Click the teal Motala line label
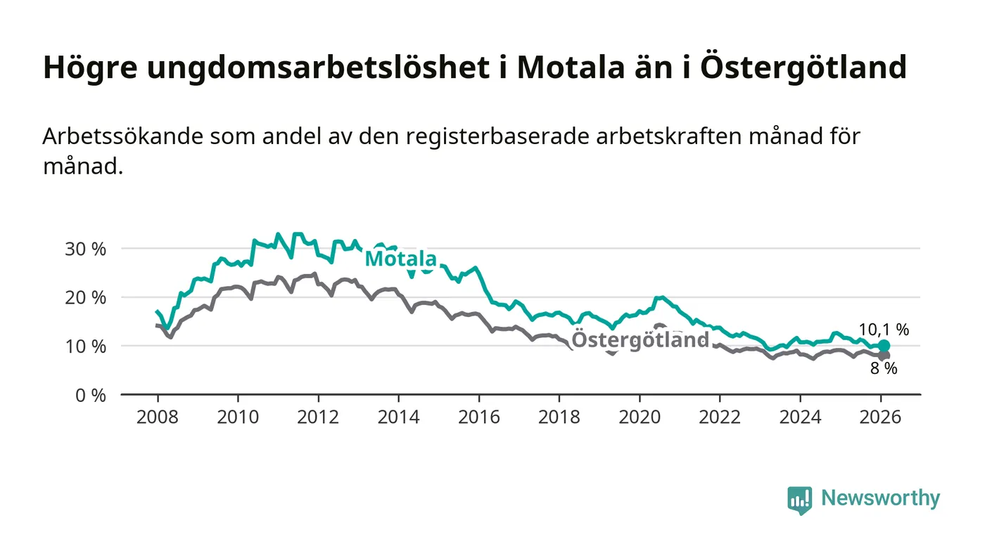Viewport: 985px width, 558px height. [x=400, y=259]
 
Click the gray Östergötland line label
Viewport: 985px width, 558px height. [x=640, y=340]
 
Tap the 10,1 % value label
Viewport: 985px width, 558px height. [x=884, y=330]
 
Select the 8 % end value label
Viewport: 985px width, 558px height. [x=884, y=368]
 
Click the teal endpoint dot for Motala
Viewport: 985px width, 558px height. [x=884, y=346]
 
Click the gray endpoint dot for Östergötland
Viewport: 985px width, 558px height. [x=884, y=356]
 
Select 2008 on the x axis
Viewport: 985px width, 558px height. [x=157, y=417]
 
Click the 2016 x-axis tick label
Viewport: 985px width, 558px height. [x=478, y=417]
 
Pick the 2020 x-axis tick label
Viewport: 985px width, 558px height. [x=640, y=417]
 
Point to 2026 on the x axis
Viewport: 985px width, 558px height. [x=881, y=417]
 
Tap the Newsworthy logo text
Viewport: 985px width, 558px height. [x=880, y=498]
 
